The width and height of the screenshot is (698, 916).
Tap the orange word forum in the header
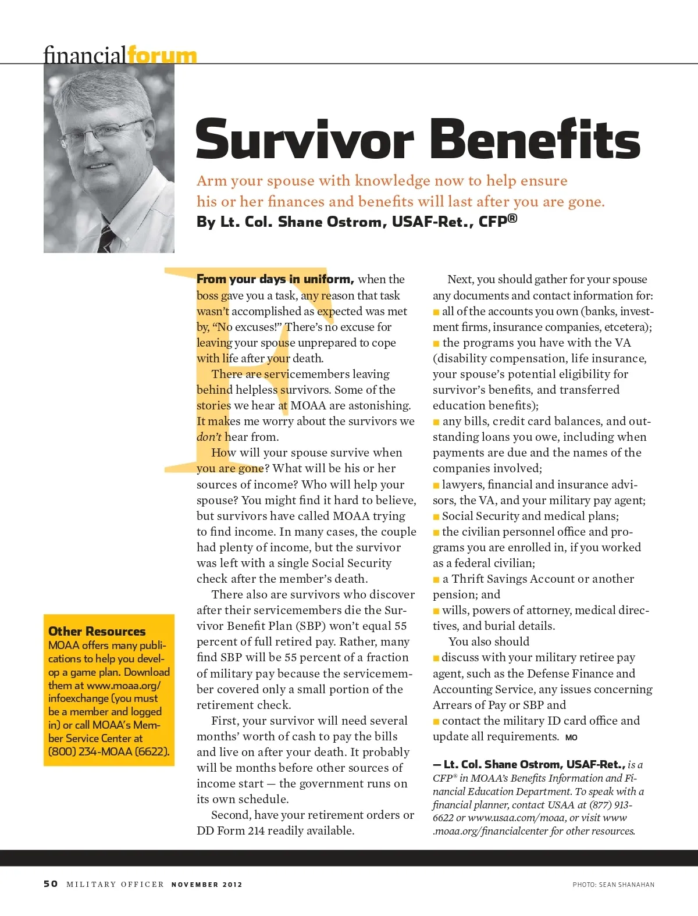pyautogui.click(x=162, y=55)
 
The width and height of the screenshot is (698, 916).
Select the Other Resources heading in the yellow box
pyautogui.click(x=97, y=631)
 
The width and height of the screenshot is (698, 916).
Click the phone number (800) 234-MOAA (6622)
pyautogui.click(x=109, y=751)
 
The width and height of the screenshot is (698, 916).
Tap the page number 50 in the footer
pyautogui.click(x=51, y=884)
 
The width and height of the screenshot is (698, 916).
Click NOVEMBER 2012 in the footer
pyautogui.click(x=206, y=885)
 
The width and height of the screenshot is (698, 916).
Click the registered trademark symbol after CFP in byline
pyautogui.click(x=512, y=219)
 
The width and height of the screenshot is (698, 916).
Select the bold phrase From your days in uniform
pyautogui.click(x=275, y=279)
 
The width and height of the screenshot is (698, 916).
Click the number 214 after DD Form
pyautogui.click(x=257, y=831)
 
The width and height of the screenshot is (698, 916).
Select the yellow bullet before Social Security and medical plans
pyautogui.click(x=436, y=516)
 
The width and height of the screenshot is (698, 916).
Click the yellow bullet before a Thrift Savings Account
pyautogui.click(x=436, y=579)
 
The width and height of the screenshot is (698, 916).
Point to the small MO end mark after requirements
pyautogui.click(x=571, y=737)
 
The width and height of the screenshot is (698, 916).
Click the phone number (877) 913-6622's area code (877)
pyautogui.click(x=601, y=805)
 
